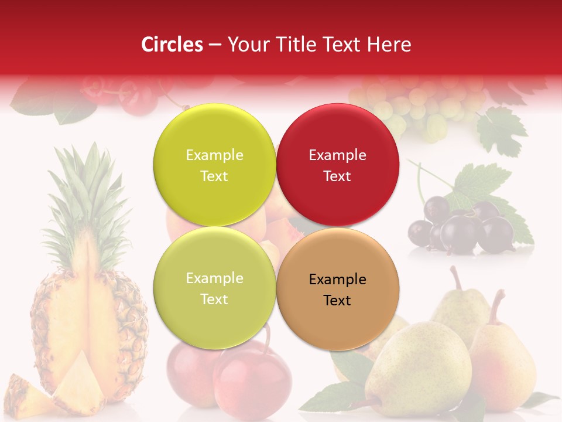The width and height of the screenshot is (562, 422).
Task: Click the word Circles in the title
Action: pos(172,45)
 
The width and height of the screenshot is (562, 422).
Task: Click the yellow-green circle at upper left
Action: pos(214,165)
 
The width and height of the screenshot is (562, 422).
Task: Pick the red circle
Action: pos(338,165)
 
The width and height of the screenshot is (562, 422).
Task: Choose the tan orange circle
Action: pos(338,289)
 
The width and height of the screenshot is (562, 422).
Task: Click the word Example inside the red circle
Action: pos(337,155)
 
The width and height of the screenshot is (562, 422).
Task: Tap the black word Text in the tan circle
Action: pos(337,301)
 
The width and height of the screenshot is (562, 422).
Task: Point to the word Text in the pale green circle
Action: pos(214,300)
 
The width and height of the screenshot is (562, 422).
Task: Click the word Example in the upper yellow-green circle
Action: pos(214,155)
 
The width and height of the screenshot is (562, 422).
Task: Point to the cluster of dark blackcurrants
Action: pos(462,229)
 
